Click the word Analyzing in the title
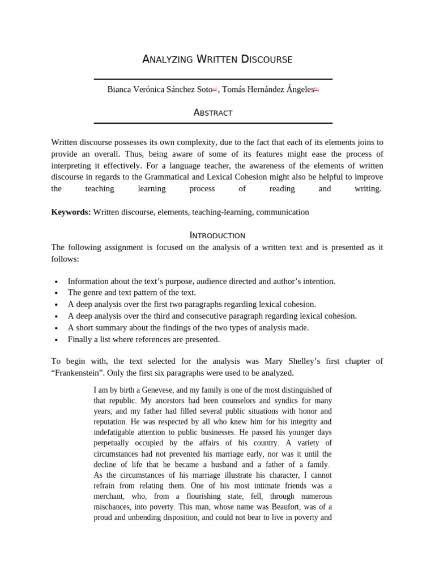166,59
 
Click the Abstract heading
213,112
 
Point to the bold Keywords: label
71,212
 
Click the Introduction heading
217,235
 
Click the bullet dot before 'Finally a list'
56,340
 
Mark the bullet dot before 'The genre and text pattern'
56,293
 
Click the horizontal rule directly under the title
213,79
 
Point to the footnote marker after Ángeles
316,89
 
